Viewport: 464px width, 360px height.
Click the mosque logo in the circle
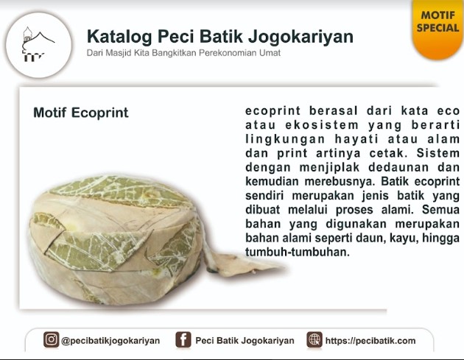click(38, 44)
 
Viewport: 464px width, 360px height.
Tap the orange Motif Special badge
click(437, 28)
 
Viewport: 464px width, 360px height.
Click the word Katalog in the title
click(119, 37)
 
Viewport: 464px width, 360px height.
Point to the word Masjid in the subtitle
click(119, 53)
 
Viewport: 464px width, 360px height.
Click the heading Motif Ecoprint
click(81, 113)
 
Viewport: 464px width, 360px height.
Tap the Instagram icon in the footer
click(52, 339)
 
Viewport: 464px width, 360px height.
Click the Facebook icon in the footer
click(183, 339)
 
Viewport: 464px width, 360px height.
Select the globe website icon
click(314, 339)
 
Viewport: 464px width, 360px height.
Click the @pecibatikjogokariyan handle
click(110, 341)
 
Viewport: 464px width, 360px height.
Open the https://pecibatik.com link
click(370, 341)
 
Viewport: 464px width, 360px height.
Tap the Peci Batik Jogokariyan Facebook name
click(245, 340)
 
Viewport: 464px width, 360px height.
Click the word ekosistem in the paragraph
click(322, 125)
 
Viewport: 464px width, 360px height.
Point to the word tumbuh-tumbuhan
click(298, 252)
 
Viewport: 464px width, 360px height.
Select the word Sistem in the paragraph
click(438, 153)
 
